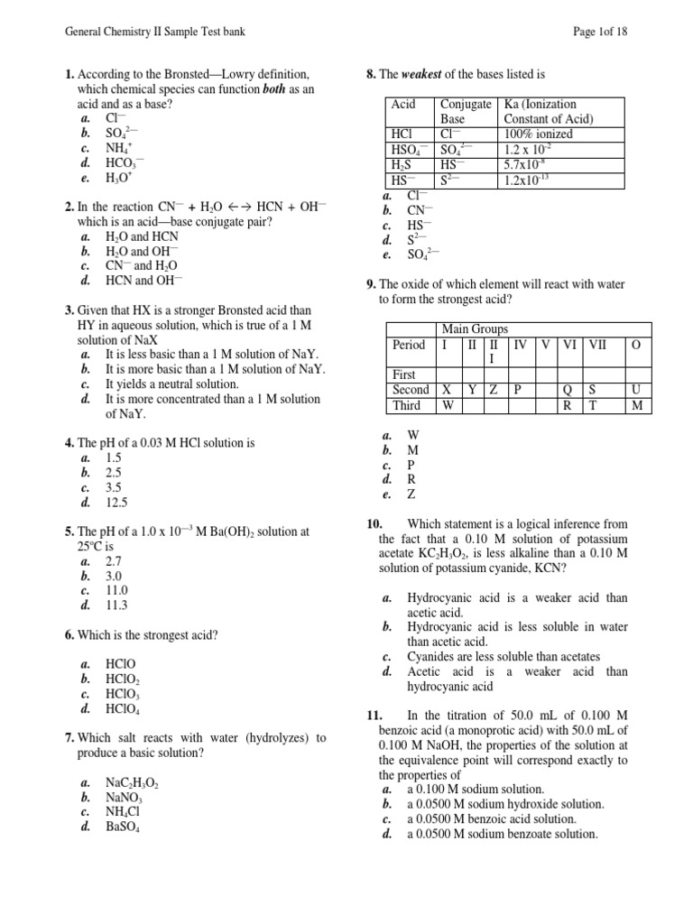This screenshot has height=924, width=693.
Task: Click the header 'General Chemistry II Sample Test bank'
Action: point(155,32)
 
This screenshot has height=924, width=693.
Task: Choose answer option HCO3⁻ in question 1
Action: point(124,163)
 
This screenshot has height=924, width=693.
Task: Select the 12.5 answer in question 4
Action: point(117,503)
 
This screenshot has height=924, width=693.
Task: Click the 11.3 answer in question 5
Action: point(117,605)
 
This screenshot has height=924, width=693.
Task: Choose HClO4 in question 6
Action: point(124,709)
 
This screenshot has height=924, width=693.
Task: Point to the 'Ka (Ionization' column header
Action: point(541,105)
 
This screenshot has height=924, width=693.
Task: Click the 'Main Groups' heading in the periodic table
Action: point(475,329)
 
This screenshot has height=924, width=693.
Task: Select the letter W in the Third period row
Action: point(448,405)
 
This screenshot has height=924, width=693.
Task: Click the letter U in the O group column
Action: point(636,390)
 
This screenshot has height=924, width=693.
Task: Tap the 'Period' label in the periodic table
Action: point(409,345)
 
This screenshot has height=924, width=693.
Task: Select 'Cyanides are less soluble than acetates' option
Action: point(503,656)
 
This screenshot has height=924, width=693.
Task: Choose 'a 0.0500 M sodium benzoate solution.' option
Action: point(502,834)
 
